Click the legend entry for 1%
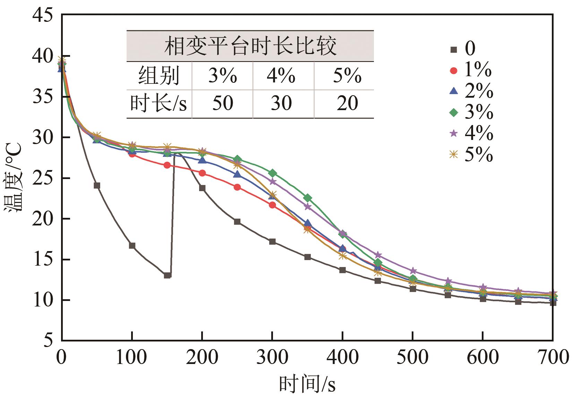(471, 70)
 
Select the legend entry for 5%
(471, 154)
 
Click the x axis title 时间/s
(307, 384)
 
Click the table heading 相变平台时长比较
(250, 46)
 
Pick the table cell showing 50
(222, 103)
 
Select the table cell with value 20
(347, 103)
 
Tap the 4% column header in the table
(281, 75)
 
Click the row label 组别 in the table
(159, 75)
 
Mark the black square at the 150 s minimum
(167, 275)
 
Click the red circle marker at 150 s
(167, 165)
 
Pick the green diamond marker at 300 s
(272, 173)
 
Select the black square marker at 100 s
(132, 246)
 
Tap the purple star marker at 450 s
(378, 255)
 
